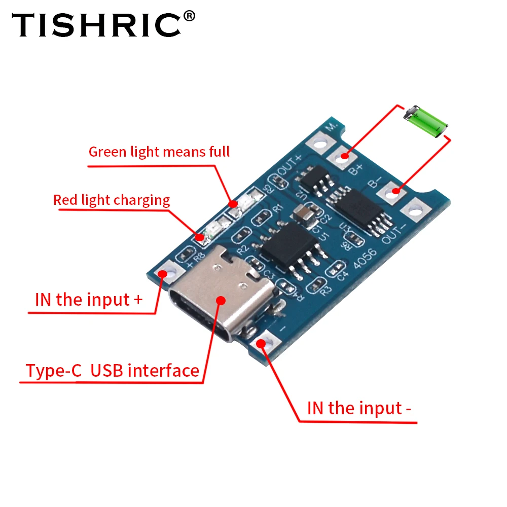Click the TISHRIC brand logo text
click(x=96, y=25)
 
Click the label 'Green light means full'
click(x=159, y=152)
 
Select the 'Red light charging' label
click(x=112, y=200)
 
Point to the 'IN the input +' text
click(x=89, y=299)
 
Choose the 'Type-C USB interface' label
click(x=113, y=371)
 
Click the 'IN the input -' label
click(x=359, y=408)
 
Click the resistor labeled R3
click(x=319, y=282)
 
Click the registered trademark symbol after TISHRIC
click(x=188, y=17)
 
